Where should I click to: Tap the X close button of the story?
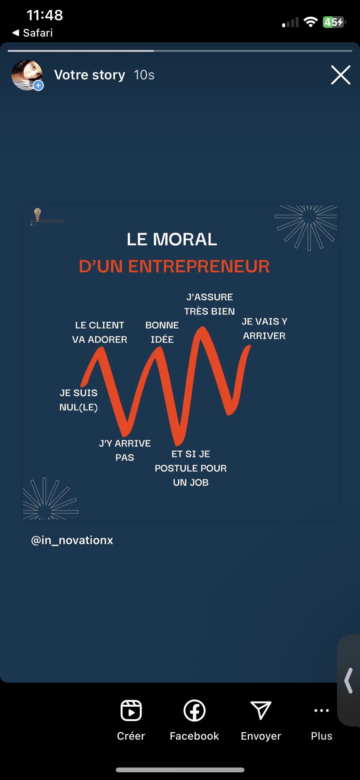click(340, 75)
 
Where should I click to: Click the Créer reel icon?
click(131, 710)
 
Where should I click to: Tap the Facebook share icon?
click(194, 710)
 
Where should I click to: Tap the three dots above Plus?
click(321, 710)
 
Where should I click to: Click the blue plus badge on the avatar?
click(38, 85)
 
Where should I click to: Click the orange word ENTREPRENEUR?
click(199, 266)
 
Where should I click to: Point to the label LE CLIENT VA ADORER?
click(100, 332)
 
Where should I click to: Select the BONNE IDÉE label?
click(162, 332)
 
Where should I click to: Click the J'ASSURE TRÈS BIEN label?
click(210, 304)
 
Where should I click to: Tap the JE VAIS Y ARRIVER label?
click(264, 329)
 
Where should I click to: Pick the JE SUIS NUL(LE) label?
click(79, 400)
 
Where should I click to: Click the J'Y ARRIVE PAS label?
click(125, 450)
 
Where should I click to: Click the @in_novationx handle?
click(72, 540)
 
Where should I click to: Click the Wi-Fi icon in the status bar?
click(310, 22)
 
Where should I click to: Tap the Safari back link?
click(33, 33)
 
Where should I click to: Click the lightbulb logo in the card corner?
click(38, 214)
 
